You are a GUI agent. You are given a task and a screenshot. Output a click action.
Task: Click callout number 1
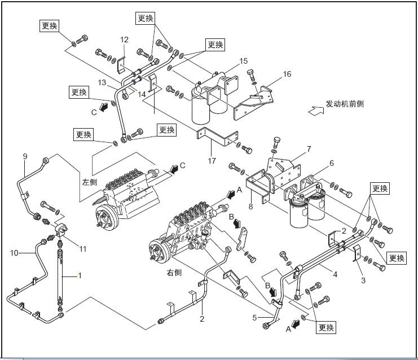(80, 276)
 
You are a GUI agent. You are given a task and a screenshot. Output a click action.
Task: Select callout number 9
(25, 156)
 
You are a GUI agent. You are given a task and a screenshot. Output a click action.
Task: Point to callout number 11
(82, 248)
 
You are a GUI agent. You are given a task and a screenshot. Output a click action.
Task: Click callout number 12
(124, 39)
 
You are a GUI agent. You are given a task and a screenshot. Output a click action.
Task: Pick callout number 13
(102, 82)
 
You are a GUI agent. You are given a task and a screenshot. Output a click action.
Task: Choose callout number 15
(243, 60)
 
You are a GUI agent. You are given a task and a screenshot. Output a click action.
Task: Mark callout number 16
(287, 74)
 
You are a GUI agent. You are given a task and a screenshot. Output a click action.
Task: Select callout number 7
(309, 149)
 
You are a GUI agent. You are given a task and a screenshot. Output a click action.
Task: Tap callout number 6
(332, 163)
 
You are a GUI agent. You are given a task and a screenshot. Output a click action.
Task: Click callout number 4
(335, 275)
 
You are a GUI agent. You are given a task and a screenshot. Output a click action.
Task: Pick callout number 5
(254, 318)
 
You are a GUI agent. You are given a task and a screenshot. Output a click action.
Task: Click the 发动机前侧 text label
(345, 104)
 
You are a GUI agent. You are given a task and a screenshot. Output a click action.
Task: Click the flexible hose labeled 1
(59, 276)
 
